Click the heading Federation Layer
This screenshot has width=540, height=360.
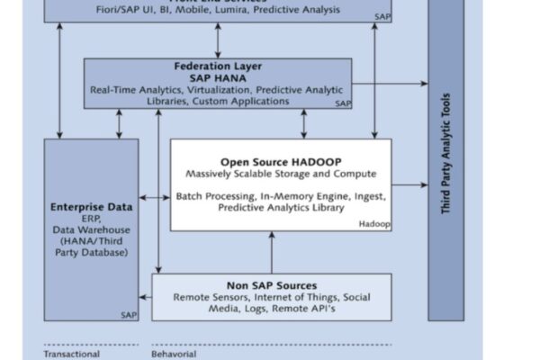217,66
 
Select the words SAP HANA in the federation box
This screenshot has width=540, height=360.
217,77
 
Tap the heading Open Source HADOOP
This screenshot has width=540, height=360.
281,162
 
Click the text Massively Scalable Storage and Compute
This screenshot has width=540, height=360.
281,174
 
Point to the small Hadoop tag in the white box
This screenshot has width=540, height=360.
374,223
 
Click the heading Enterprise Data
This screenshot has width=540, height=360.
91,206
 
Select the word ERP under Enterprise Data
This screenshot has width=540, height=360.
90,218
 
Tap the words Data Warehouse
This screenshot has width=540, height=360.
90,229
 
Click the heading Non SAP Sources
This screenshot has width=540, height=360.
271,285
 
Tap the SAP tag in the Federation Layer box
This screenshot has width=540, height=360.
343,104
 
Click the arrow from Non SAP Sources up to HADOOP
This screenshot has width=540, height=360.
271,252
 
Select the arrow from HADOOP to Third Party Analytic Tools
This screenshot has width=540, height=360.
410,185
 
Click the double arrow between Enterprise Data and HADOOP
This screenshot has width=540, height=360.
154,198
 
